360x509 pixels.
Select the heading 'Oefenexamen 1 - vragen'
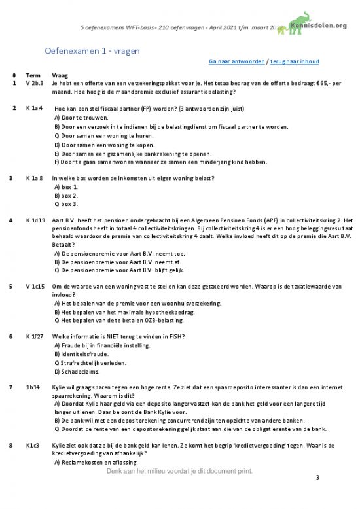[x=92, y=50]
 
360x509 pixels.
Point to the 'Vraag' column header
[x=60, y=75]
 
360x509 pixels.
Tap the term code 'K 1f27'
[x=34, y=336]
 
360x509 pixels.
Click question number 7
[x=14, y=387]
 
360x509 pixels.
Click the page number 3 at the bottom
[x=317, y=479]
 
